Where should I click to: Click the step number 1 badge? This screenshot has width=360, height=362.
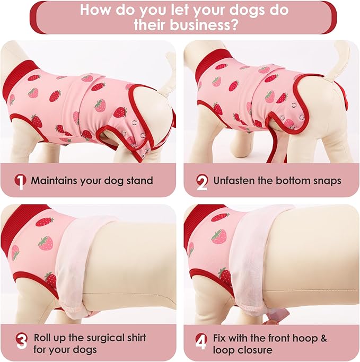tap(20, 181)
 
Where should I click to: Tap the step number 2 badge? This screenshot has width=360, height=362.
tap(202, 181)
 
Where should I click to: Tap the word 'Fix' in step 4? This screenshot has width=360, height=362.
tap(221, 338)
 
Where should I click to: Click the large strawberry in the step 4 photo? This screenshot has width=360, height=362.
tap(219, 236)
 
